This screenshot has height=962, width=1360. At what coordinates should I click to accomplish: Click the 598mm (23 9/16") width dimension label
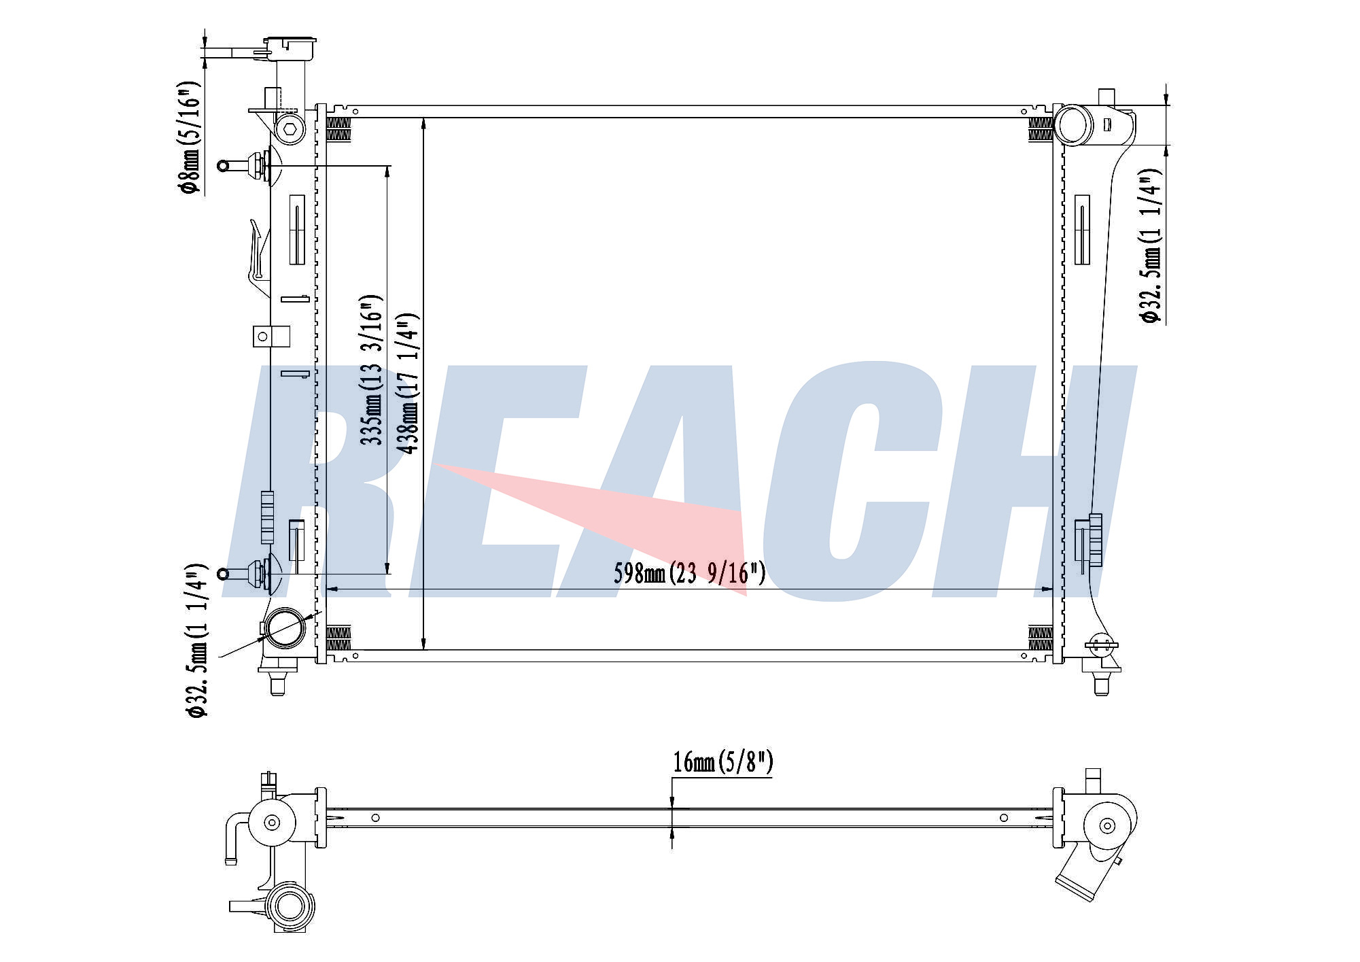pos(689,573)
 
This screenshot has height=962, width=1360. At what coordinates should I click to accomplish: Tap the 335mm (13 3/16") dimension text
pos(372,370)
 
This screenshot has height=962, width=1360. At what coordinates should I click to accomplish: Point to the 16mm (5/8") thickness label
pos(723,762)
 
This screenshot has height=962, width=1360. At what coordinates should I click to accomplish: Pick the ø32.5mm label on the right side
pos(1151,245)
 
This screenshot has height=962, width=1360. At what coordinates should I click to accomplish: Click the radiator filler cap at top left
pos(290,48)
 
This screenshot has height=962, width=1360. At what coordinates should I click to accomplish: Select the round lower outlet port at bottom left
pos(284,628)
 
